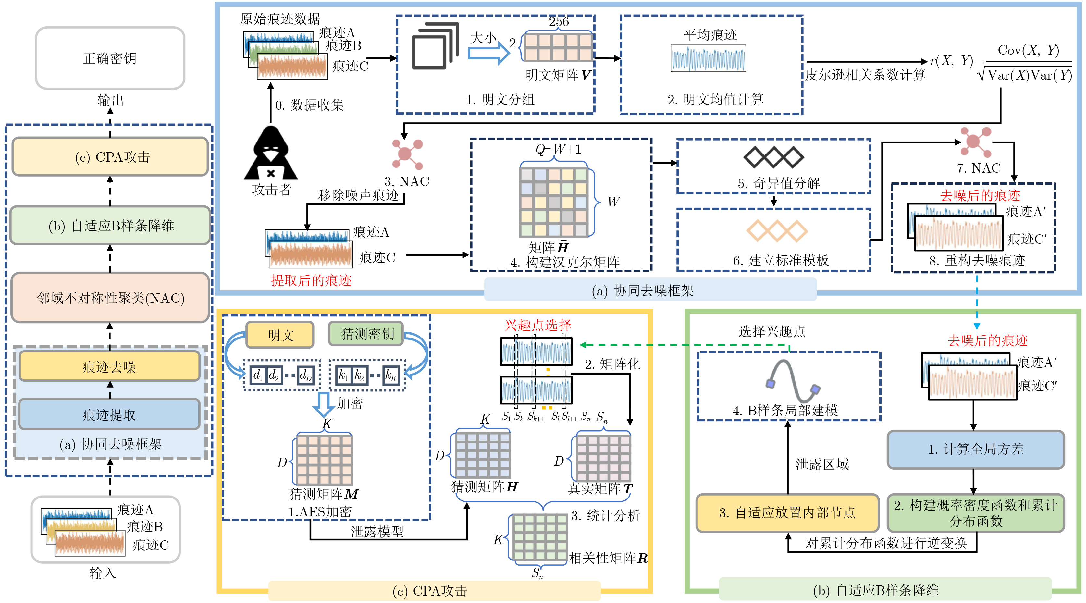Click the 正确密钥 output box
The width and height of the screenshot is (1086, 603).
[110, 58]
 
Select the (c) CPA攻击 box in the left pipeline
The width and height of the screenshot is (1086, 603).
[110, 156]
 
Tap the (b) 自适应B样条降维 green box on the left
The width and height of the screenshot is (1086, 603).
[110, 226]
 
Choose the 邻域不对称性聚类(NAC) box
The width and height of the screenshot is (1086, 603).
[110, 298]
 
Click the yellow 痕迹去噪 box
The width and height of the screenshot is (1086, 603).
[109, 366]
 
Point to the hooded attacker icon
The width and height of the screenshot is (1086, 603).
[271, 154]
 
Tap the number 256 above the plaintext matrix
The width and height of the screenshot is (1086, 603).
[559, 21]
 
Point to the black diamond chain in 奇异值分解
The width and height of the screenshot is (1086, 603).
[774, 157]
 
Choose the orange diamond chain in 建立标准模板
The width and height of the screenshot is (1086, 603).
[777, 231]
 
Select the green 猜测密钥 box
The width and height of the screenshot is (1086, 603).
[366, 334]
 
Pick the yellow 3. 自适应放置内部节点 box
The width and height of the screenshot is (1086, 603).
[787, 513]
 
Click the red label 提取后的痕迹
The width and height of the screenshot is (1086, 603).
[311, 280]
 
